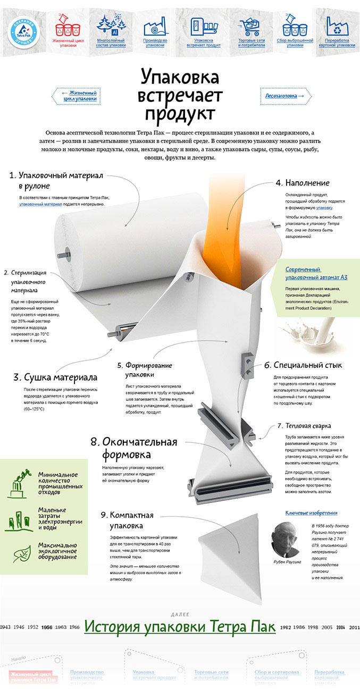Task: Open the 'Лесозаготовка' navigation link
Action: (x=286, y=96)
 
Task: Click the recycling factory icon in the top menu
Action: (x=337, y=26)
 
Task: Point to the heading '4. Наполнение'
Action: (x=302, y=183)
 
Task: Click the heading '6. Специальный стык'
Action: (x=303, y=365)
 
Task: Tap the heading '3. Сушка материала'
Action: (x=55, y=377)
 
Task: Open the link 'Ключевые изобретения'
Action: (x=311, y=513)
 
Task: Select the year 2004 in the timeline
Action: (x=340, y=627)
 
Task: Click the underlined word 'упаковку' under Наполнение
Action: (x=324, y=208)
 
